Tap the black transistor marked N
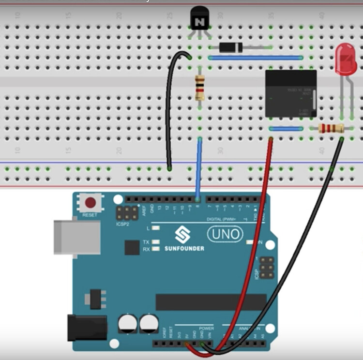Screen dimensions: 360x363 tap(198, 19)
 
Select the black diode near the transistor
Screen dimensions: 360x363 tap(230, 47)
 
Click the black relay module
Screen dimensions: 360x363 tap(291, 93)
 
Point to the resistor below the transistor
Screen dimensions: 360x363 tap(200, 88)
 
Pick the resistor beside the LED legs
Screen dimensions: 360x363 tap(332, 128)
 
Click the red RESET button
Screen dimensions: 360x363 tap(90, 202)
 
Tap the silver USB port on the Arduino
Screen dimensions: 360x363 tap(77, 237)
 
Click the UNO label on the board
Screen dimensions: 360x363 tap(226, 235)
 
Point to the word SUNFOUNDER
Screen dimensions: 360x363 tap(184, 249)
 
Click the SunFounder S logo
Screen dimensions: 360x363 tap(182, 235)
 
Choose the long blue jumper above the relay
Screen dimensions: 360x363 tap(256, 58)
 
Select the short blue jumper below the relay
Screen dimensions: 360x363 tap(286, 129)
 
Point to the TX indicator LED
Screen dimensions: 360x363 tap(155, 242)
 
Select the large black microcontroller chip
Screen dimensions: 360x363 tap(211, 302)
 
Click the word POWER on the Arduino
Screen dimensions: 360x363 tap(206, 329)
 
